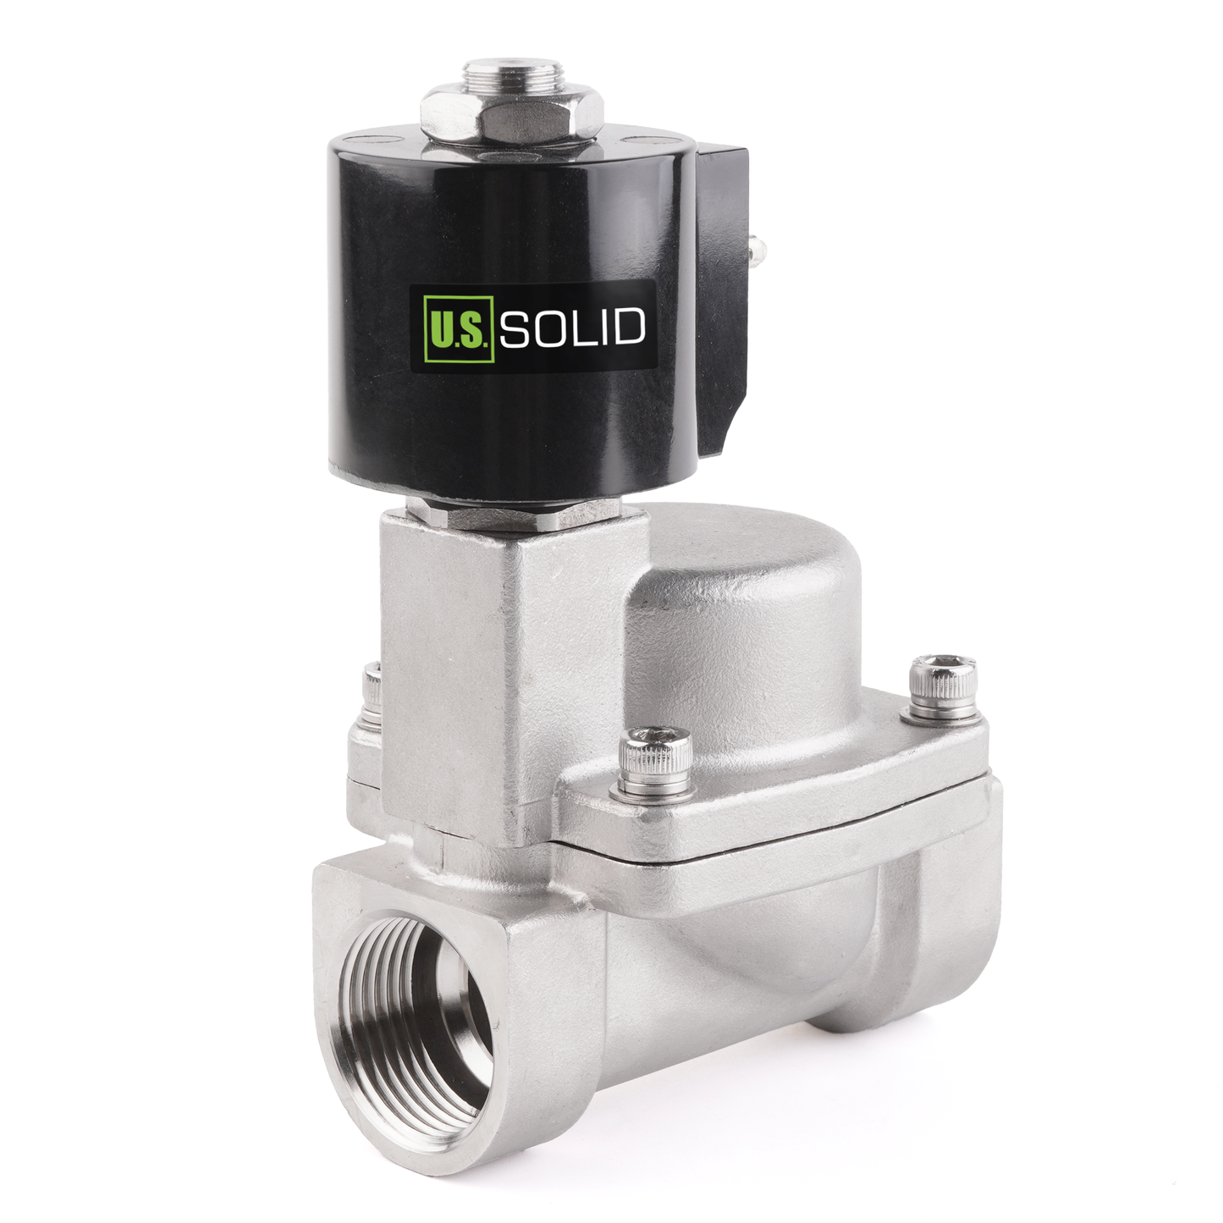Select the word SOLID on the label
(x=572, y=328)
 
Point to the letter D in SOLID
(x=629, y=328)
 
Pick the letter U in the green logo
(x=443, y=328)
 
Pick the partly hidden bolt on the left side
(x=371, y=698)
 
